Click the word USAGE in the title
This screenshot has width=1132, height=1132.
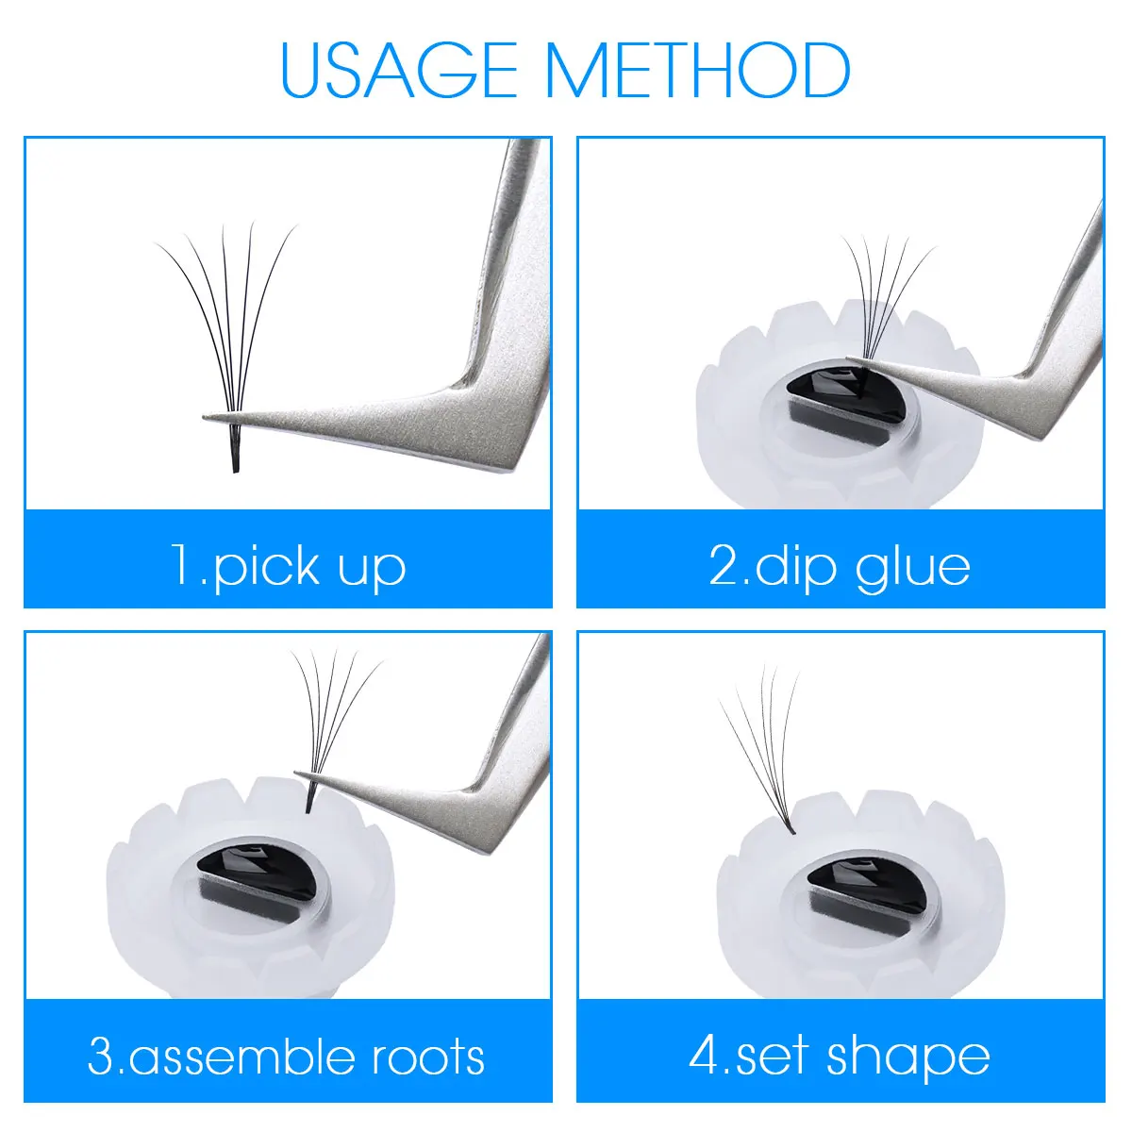click(398, 70)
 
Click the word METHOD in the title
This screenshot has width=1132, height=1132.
click(699, 70)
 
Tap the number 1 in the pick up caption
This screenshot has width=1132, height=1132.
click(182, 563)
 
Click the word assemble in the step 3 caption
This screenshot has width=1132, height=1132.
click(241, 1057)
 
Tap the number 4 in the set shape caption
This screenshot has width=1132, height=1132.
click(705, 1056)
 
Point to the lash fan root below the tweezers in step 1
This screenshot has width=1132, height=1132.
click(236, 448)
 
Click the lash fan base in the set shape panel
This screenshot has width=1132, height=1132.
click(791, 830)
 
